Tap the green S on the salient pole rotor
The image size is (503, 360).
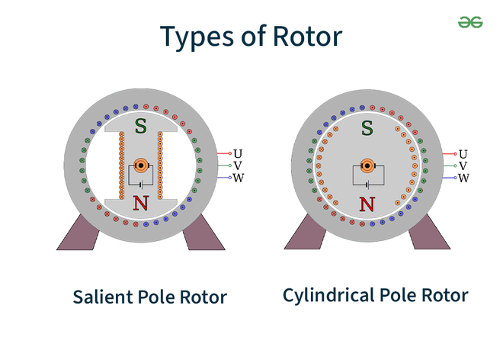pos(140,126)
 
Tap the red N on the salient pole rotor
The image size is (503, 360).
pos(140,203)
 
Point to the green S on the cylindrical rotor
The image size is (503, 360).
pos(367,127)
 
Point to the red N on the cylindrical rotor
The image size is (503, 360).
pos(367,204)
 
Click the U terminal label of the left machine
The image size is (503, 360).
pos(238,154)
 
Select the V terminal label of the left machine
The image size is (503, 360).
pos(238,166)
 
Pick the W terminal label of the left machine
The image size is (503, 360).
pos(238,178)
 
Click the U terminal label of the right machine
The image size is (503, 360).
pos(463,154)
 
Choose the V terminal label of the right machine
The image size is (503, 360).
pos(463,166)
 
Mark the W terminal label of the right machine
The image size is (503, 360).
pos(463,178)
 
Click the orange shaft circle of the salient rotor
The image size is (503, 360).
pos(141,165)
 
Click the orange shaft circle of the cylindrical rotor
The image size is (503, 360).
pos(367,165)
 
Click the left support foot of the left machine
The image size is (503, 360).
pos(78,232)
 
